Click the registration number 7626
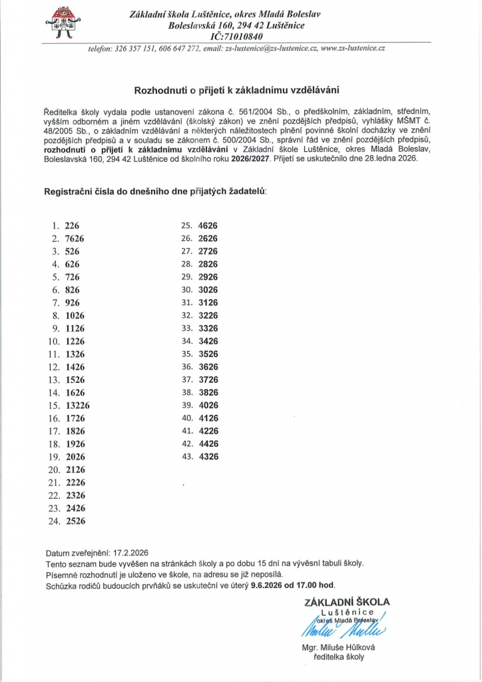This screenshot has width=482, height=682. tap(75, 238)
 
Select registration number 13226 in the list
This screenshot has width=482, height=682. tap(78, 405)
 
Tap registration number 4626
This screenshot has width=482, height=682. tap(208, 225)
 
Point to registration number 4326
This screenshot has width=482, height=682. tap(208, 456)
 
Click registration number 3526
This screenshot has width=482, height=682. tap(208, 354)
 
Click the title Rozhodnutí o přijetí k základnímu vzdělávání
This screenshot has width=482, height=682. tap(241, 89)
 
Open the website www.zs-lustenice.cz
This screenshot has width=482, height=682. tap(354, 49)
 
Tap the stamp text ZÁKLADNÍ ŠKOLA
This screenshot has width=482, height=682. tap(347, 602)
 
